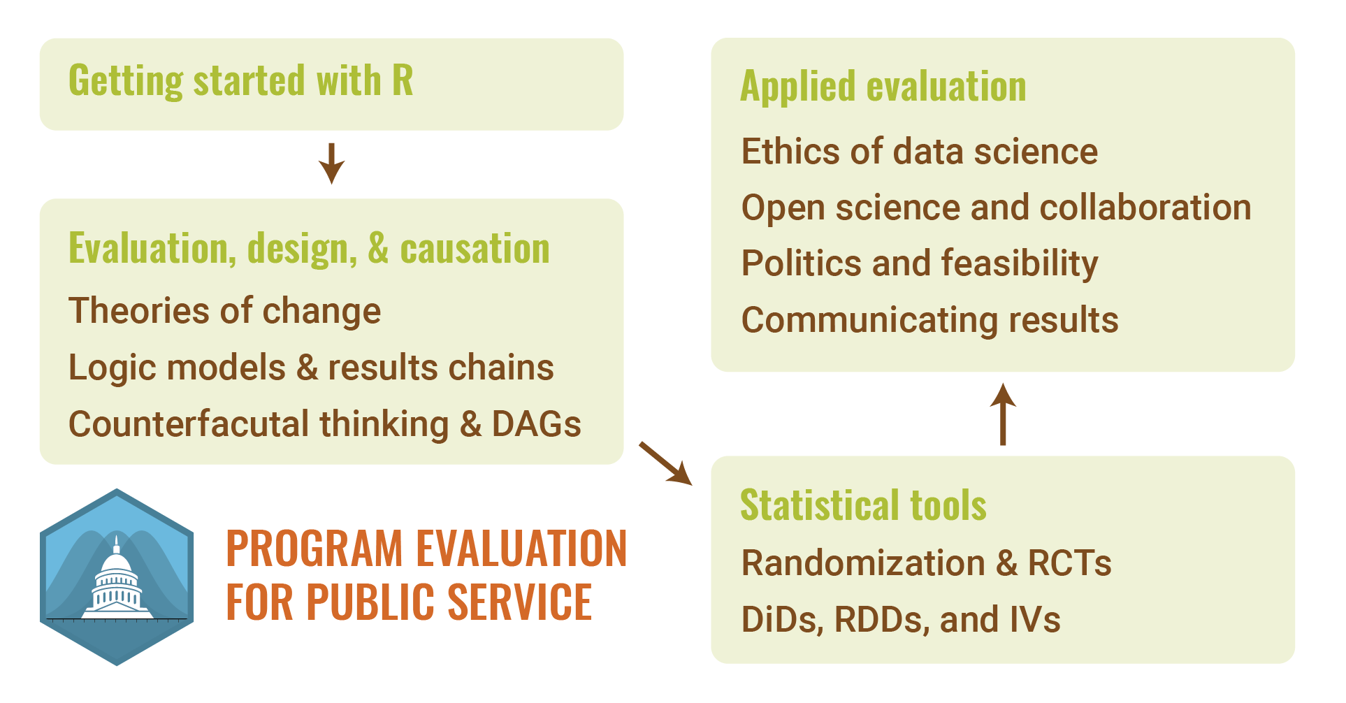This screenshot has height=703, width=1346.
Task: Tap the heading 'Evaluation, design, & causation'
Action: tap(309, 249)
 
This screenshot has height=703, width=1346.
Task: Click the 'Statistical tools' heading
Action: tap(863, 505)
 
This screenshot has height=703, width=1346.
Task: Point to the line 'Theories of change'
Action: tap(225, 311)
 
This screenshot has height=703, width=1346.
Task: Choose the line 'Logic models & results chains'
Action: tap(311, 368)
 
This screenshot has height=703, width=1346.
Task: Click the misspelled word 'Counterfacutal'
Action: tap(189, 423)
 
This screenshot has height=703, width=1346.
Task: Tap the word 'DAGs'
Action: tap(536, 423)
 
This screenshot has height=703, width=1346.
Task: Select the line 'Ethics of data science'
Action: tap(920, 152)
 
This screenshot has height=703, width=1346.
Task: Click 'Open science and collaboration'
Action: tap(996, 208)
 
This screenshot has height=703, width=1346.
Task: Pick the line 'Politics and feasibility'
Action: tap(920, 264)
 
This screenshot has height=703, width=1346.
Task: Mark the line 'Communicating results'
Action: tap(930, 320)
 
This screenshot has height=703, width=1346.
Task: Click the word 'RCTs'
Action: tap(1069, 563)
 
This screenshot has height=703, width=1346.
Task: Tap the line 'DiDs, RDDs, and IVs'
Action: tap(901, 620)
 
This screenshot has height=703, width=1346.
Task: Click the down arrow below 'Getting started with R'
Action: tap(331, 164)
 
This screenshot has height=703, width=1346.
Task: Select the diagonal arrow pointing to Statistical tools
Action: tap(665, 463)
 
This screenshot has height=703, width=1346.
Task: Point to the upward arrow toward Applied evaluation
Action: tap(1003, 414)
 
